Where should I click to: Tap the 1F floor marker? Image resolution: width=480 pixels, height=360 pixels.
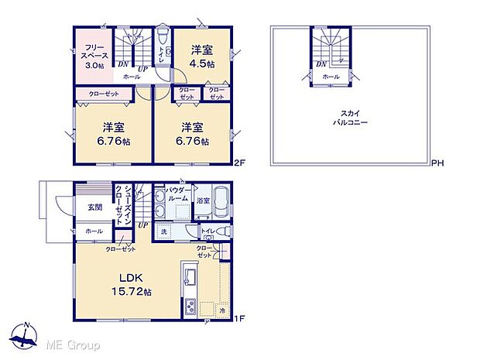[x=239, y=317]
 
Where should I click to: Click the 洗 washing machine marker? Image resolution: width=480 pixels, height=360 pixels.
[x=163, y=231]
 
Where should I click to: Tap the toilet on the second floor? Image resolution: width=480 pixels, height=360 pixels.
[x=160, y=39]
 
